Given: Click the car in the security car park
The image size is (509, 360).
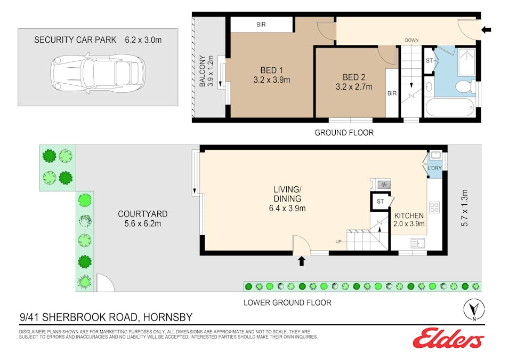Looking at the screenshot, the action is point(98,74).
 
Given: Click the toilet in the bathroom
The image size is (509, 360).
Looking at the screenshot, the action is point(464,87).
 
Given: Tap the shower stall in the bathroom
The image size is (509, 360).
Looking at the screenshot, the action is point(466,62).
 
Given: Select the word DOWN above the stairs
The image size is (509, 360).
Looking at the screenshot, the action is point(411,41).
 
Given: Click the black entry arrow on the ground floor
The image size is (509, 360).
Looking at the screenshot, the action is point(486,30).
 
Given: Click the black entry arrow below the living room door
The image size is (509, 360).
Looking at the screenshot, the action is point(302,261).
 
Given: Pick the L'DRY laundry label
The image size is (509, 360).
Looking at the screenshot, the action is point(435,168).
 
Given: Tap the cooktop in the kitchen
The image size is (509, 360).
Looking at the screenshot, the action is point(434,207).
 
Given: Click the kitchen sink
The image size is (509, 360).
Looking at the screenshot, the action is point(418,243).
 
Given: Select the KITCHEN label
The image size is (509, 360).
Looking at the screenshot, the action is point(409,216).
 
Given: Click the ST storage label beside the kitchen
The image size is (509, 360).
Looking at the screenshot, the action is point(380,202).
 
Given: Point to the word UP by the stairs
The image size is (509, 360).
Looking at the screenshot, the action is point(338,242).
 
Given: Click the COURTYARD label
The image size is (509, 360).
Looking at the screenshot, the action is point(143,214).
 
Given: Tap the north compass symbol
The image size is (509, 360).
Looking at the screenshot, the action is point(474,309).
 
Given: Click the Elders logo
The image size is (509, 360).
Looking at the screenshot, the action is point(449,338).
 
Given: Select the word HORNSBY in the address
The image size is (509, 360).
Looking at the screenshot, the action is point(168,317).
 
